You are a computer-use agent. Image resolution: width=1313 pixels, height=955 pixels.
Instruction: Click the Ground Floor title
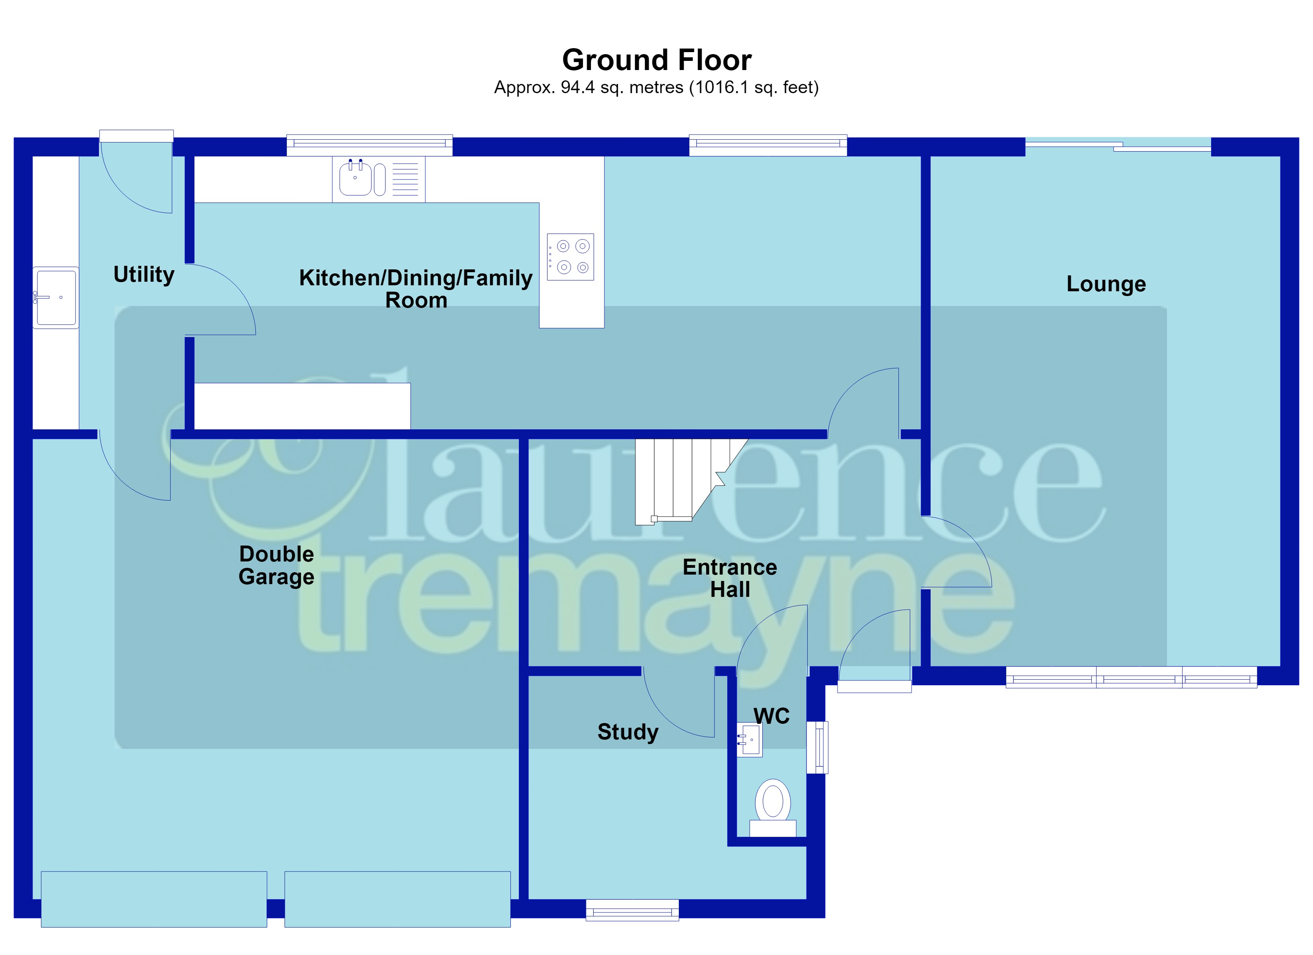click(656, 60)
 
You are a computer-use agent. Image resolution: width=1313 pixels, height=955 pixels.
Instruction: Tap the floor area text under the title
click(656, 88)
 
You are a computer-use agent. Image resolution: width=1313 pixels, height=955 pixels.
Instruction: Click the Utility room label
click(144, 275)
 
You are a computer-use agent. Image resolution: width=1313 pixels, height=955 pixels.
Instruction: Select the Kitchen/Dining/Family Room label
click(416, 289)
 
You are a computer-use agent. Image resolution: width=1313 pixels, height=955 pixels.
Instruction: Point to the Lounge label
click(1106, 284)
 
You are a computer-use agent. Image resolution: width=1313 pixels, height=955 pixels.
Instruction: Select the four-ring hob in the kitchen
click(570, 257)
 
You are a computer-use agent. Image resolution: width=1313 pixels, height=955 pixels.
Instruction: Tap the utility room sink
click(56, 298)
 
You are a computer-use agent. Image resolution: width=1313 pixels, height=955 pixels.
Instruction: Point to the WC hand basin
click(749, 740)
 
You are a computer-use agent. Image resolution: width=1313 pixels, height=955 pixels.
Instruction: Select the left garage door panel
click(154, 899)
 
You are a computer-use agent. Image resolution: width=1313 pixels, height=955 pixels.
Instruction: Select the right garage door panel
click(398, 899)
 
